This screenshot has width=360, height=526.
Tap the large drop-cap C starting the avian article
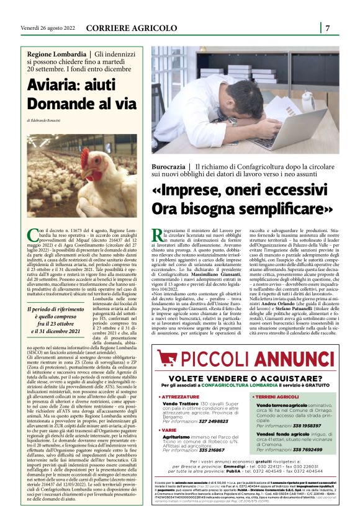32,234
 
